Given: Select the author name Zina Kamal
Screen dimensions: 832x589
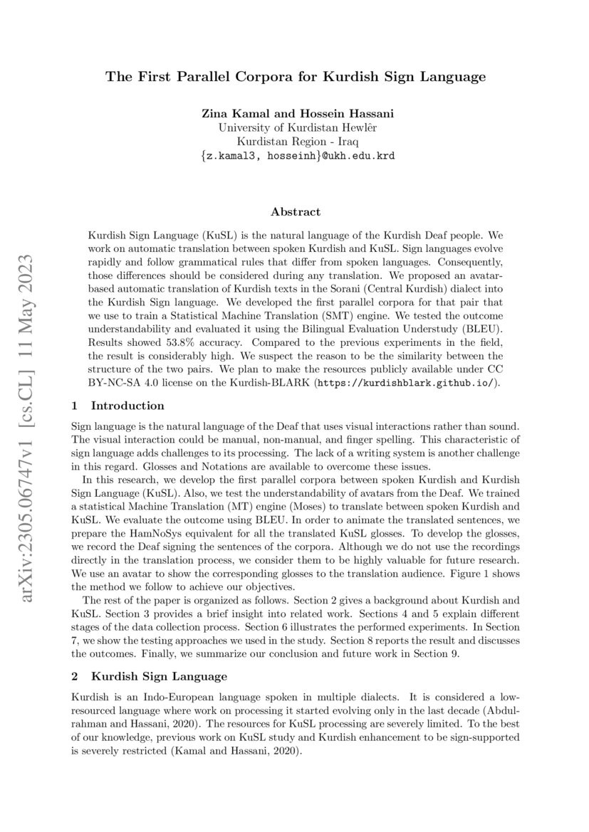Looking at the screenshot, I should (229, 115).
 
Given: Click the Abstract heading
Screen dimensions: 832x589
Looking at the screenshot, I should (296, 211).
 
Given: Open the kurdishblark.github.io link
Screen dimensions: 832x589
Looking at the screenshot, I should (407, 382).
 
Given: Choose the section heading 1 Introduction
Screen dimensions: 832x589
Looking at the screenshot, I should (118, 406).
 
